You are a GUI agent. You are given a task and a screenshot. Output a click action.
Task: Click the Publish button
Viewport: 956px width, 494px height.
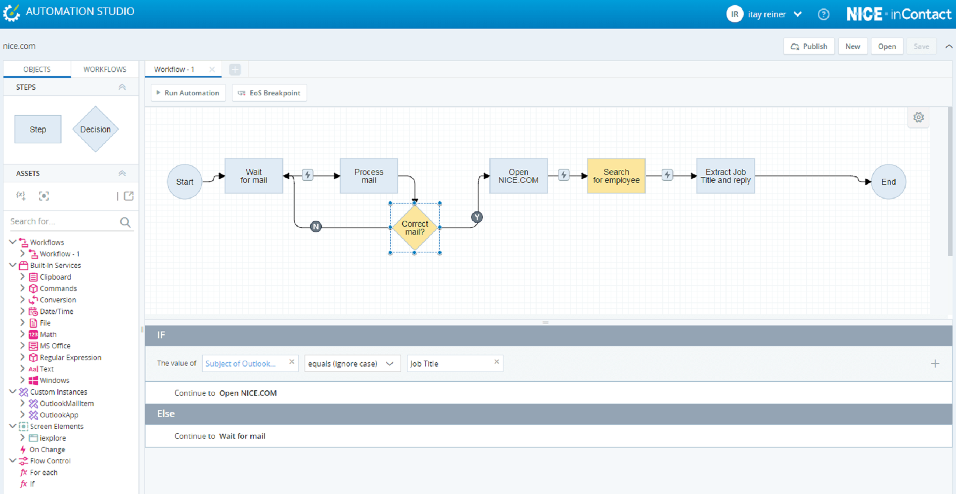809,46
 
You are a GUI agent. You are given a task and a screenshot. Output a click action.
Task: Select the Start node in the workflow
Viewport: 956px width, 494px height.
184,182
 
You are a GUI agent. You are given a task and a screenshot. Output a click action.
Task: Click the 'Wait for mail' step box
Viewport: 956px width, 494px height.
254,176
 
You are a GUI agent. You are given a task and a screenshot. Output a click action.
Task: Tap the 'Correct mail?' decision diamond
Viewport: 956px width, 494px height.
415,228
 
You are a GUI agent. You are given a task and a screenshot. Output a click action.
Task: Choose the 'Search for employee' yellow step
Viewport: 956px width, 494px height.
616,176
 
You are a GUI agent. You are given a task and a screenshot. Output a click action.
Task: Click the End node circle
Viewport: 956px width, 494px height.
888,182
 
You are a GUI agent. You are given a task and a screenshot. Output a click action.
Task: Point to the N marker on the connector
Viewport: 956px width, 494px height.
316,227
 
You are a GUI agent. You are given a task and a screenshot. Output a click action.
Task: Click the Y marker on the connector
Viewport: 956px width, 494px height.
477,217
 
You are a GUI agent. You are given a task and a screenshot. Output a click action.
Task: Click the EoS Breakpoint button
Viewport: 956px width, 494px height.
270,93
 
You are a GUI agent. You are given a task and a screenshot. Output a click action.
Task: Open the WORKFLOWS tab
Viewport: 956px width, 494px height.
105,69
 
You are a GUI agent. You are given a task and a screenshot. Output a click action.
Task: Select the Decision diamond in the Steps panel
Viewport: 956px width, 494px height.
95,129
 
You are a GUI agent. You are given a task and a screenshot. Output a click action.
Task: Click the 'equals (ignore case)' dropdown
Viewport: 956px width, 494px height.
352,364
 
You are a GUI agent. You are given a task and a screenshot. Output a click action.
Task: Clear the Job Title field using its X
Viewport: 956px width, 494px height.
497,362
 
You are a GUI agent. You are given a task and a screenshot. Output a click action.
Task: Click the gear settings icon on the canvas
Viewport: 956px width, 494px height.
918,118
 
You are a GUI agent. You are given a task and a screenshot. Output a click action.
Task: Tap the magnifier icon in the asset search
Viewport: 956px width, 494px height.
125,222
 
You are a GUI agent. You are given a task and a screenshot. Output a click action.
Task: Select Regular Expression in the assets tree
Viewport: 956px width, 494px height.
71,358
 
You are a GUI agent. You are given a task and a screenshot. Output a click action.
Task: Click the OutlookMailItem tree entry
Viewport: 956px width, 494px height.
67,404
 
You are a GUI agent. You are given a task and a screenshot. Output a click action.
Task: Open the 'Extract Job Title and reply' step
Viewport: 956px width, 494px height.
726,176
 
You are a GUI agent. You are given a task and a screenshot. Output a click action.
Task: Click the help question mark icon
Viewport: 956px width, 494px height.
823,15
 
